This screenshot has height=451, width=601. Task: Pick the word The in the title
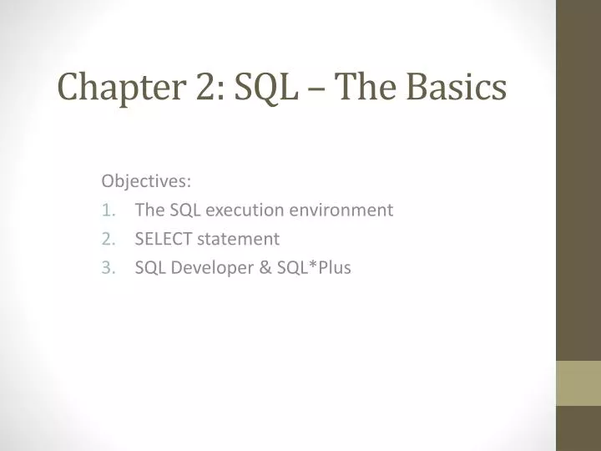coord(367,87)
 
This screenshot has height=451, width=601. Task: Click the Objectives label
coord(146,181)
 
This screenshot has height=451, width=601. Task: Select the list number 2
coord(107,239)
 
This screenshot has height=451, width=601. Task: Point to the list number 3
coord(107,268)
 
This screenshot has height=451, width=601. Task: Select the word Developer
coord(210,268)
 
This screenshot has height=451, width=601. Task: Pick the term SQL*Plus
coord(311,268)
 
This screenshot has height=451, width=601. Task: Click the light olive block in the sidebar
coord(578,383)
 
